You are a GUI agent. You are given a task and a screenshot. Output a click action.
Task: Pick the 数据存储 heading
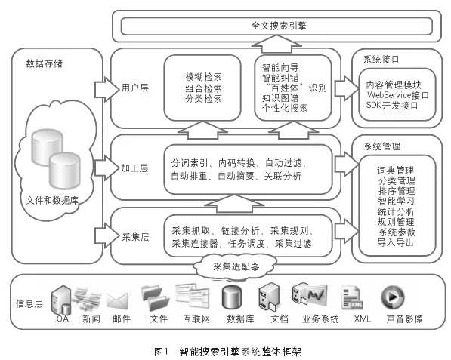pos(44,63)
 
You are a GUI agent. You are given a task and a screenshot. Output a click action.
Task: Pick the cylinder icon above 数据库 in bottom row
pos(231,299)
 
